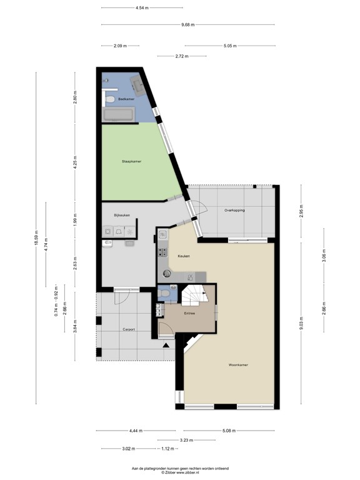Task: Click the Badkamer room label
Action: click(117, 99)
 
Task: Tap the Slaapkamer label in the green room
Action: click(131, 162)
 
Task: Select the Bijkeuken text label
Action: click(122, 216)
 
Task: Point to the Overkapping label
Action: click(234, 210)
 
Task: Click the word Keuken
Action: click(183, 256)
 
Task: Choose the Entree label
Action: click(189, 312)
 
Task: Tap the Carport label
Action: click(129, 329)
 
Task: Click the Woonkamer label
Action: click(239, 364)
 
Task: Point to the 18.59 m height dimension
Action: click(36, 238)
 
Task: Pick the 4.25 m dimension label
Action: click(75, 161)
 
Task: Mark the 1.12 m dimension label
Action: click(166, 449)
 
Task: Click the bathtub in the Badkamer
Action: click(119, 115)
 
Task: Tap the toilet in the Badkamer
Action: click(109, 99)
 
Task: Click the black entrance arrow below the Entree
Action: click(166, 345)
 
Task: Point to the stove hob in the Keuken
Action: click(162, 253)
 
